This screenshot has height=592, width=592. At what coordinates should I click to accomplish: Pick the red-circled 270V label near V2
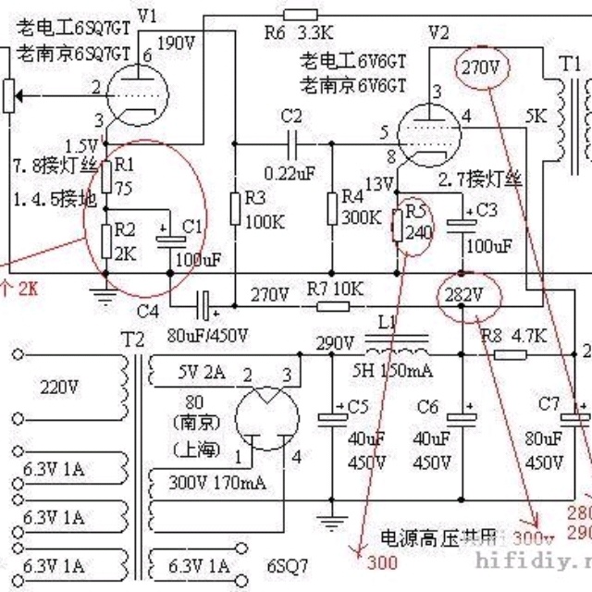[x=481, y=68]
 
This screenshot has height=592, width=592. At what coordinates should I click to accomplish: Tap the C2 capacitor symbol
[x=292, y=143]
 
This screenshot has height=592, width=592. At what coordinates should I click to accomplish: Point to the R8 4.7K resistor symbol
[x=510, y=354]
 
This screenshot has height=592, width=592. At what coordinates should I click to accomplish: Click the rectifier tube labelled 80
[x=266, y=417]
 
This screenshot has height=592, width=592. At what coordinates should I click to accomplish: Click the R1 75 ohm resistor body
[x=107, y=177]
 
